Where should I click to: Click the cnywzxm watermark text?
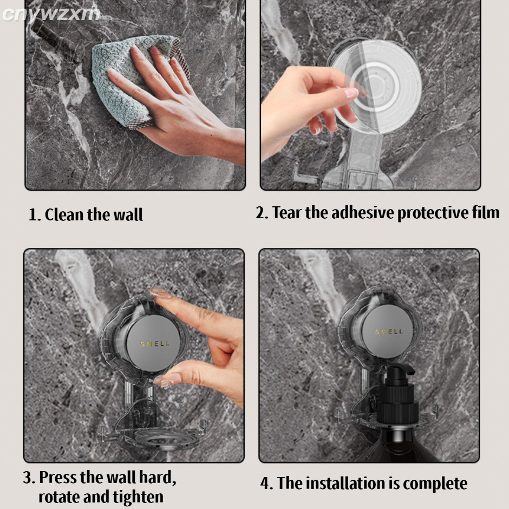point(51,14)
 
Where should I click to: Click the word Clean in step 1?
point(64,214)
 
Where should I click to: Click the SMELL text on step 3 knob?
point(155,344)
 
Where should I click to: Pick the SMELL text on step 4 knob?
point(389,332)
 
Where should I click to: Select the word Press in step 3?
point(58,478)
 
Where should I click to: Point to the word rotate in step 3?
point(58,497)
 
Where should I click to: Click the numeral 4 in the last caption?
point(265,484)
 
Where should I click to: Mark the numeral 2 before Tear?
point(260,213)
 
